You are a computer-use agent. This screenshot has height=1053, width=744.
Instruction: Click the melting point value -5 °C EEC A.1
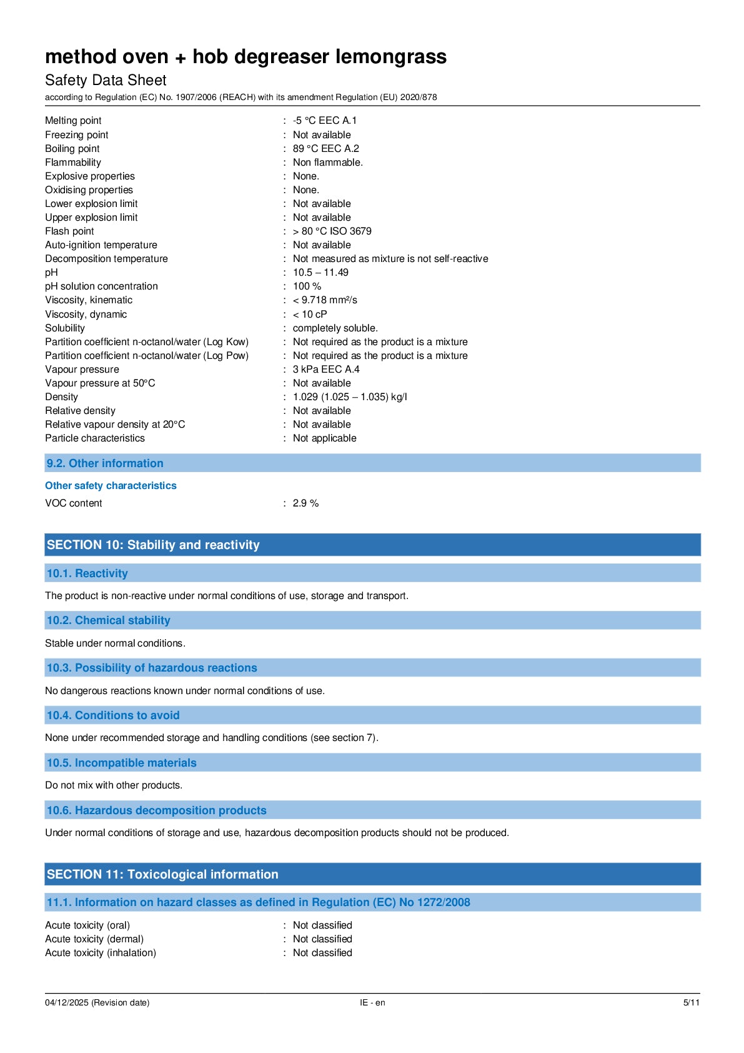[x=325, y=121]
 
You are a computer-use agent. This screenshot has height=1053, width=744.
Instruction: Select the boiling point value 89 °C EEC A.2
[x=326, y=149]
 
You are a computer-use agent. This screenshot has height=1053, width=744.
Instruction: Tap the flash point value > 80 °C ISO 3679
[x=332, y=231]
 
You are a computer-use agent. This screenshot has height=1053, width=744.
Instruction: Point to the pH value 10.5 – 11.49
[x=320, y=273]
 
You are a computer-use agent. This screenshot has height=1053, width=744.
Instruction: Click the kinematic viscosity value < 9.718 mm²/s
[x=325, y=300]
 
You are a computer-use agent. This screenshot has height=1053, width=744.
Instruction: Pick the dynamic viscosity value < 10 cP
[x=310, y=315]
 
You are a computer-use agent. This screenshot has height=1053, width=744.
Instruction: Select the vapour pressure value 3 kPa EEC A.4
[x=326, y=370]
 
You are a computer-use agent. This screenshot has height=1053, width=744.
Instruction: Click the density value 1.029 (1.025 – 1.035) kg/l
[x=350, y=397]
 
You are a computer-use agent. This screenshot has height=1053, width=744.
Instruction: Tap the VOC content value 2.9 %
[x=305, y=503]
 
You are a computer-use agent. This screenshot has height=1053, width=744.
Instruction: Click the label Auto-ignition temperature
[x=101, y=245]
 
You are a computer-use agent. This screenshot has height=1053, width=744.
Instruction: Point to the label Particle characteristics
[x=95, y=438]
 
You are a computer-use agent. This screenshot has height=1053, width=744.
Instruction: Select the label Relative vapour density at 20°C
[x=115, y=425]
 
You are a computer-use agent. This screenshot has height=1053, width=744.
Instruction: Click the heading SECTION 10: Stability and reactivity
[x=153, y=545]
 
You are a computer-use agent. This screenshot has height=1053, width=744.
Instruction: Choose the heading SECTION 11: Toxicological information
[x=162, y=874]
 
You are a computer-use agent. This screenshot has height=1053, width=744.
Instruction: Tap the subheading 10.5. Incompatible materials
[x=122, y=763]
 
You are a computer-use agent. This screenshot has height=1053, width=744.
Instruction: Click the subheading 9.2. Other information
[x=105, y=463]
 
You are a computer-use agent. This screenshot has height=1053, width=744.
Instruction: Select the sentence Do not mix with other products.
[x=114, y=785]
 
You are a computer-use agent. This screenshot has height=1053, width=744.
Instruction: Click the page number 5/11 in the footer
[x=691, y=1002]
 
